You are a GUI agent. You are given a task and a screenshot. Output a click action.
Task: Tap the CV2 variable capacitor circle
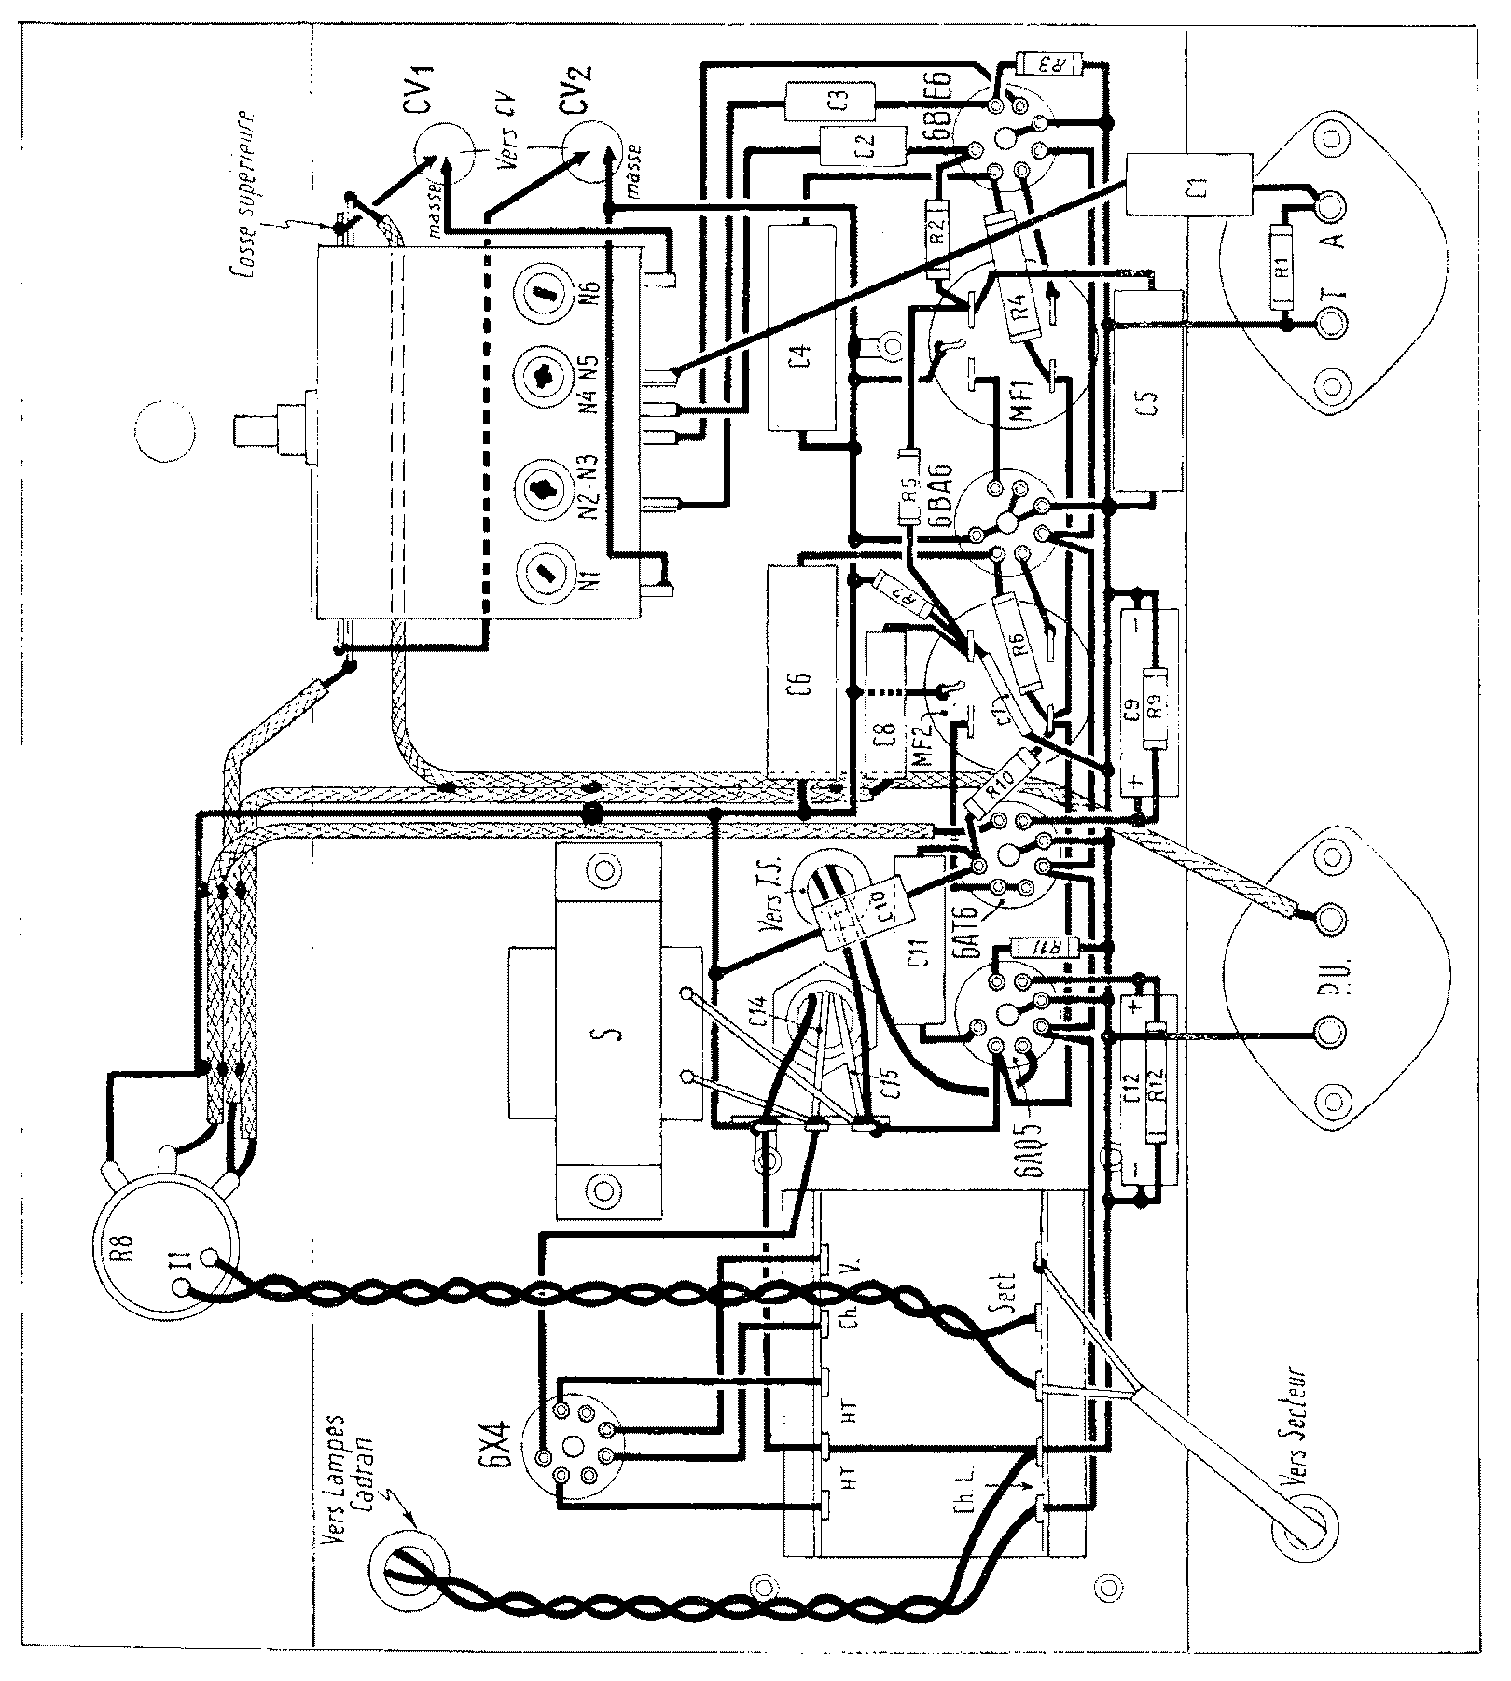coord(592,154)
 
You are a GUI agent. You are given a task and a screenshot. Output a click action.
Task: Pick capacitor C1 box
coord(1187,184)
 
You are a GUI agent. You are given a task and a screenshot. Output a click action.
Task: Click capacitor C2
coord(863,146)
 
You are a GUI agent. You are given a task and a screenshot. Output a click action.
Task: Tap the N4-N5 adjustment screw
coord(543,382)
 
